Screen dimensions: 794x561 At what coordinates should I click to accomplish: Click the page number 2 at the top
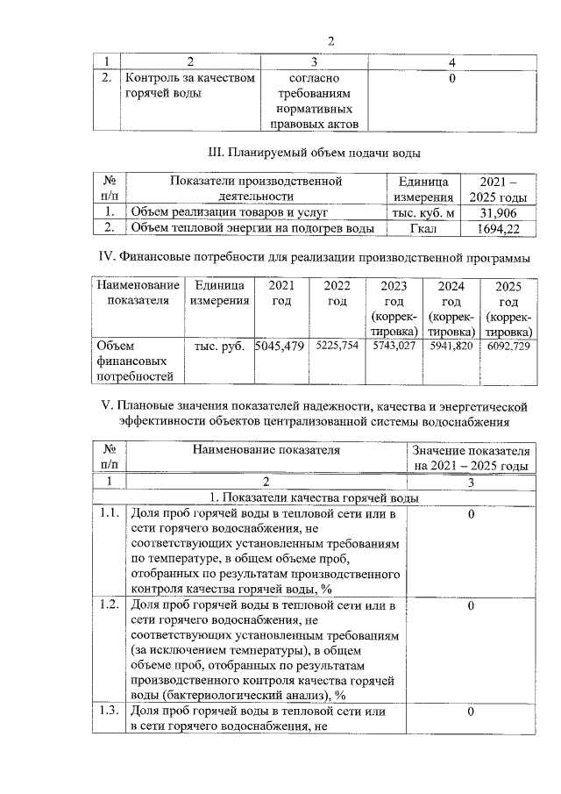coord(331,40)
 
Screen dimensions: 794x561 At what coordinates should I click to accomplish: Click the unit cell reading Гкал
coord(424,228)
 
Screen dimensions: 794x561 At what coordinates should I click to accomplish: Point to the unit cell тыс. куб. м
coord(424,212)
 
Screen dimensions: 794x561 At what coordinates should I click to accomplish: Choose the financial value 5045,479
coord(279,347)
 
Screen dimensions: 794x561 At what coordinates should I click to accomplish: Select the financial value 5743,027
coord(394,347)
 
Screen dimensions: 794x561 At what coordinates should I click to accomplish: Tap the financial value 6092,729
coord(508,347)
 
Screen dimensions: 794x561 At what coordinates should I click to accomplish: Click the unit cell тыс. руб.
coord(218,347)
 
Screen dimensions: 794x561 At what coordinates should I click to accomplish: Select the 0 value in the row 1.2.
coord(472,605)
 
